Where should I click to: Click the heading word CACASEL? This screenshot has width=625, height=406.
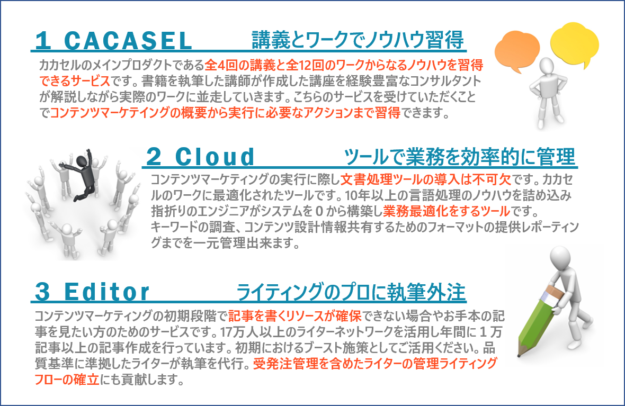pyautogui.click(x=128, y=41)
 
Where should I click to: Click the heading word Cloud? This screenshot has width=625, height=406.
pyautogui.click(x=215, y=157)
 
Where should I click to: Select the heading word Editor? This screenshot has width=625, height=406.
pyautogui.click(x=106, y=292)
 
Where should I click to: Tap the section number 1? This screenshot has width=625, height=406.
pyautogui.click(x=43, y=41)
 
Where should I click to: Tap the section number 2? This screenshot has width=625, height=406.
pyautogui.click(x=154, y=157)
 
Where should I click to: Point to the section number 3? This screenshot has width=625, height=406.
pyautogui.click(x=43, y=292)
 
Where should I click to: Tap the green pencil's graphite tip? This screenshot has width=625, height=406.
pyautogui.click(x=519, y=354)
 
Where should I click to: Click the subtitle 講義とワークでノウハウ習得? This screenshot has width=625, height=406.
pyautogui.click(x=358, y=40)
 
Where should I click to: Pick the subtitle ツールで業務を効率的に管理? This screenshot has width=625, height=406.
pyautogui.click(x=460, y=157)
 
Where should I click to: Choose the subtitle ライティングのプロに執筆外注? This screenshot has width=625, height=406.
pyautogui.click(x=351, y=292)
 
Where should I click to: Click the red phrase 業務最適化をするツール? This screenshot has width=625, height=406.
pyautogui.click(x=447, y=211)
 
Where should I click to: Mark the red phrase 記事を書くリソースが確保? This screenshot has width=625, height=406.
pyautogui.click(x=295, y=316)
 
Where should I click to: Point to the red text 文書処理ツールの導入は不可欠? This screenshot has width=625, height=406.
pyautogui.click(x=426, y=179)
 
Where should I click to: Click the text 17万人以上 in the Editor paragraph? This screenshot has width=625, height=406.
pyautogui.click(x=251, y=332)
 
